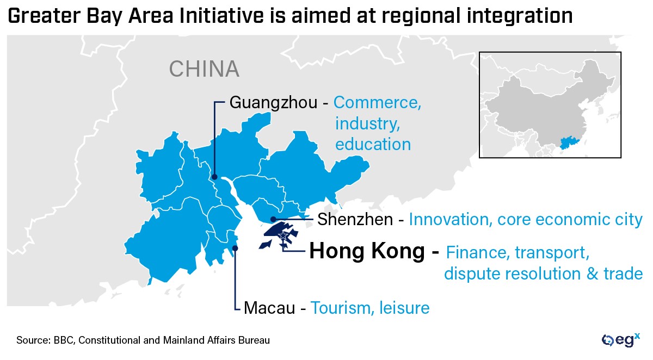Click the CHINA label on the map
pos(204,69)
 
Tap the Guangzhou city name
pos(273,102)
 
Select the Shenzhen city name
pos(355,220)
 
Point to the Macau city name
pos(269,308)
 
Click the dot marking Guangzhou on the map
pos(215,177)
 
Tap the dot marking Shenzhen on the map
pos(273,219)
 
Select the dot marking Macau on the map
pos(235,248)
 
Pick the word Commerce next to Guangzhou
pos(377,102)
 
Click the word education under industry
pos(373,144)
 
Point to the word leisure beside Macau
pos(405,308)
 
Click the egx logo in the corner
pos(620,340)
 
